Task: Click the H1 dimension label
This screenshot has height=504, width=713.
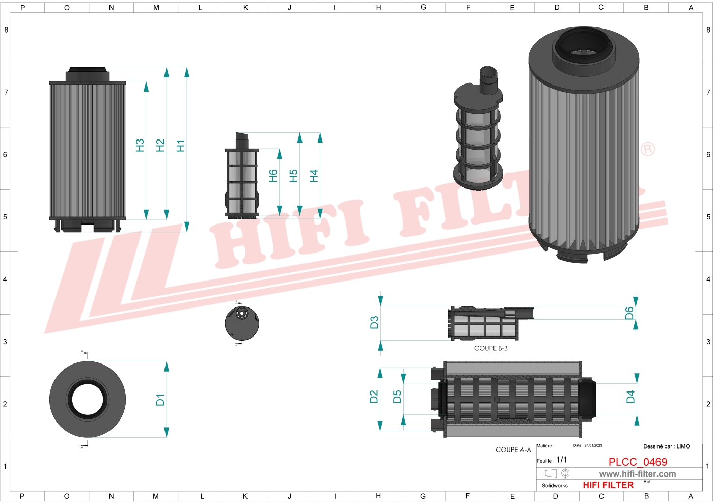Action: pos(180,146)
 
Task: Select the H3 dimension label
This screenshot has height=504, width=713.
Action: pos(140,146)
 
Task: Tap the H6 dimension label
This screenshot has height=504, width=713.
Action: pos(273,176)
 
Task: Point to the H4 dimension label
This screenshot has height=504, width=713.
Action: pos(314,176)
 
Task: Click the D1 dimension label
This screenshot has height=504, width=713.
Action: pos(160,400)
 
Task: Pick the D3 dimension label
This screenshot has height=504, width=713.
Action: pos(374,323)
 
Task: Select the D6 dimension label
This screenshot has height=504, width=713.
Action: pos(629,313)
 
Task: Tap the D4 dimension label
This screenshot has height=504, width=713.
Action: pos(630,397)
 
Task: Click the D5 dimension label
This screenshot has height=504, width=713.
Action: pos(397,397)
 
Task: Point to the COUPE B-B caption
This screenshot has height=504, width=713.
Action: pos(490,348)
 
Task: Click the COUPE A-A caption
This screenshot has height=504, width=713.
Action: pos(513,450)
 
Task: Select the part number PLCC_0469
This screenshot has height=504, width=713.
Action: pos(638,462)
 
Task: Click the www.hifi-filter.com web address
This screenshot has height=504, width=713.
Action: pos(638,474)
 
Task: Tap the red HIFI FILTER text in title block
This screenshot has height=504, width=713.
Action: pos(608,485)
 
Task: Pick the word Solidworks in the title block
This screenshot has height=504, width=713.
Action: pos(555,486)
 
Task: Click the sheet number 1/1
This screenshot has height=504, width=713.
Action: pos(561,460)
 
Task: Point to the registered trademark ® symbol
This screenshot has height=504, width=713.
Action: pos(647,149)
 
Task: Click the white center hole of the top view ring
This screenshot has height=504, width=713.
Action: pos(88,400)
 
